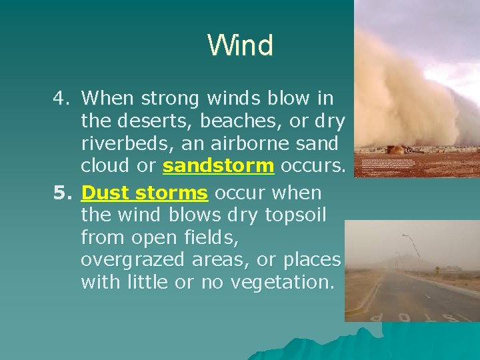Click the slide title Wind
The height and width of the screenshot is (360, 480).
tap(240, 45)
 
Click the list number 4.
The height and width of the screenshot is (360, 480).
tap(62, 99)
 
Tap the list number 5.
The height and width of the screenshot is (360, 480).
tap(62, 193)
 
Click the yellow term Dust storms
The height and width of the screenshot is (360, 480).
tap(145, 193)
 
